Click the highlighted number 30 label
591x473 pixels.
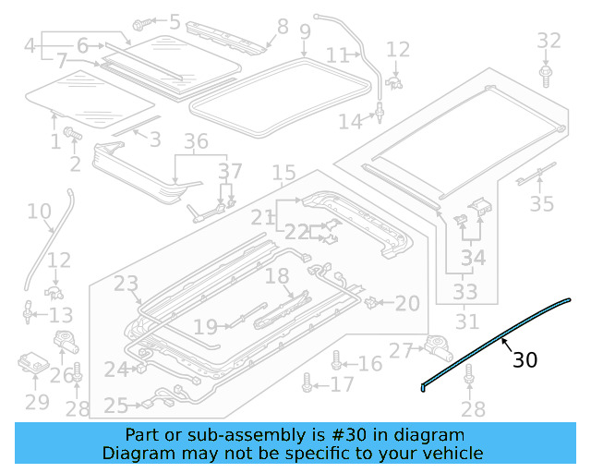click(525, 359)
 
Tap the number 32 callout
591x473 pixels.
click(549, 41)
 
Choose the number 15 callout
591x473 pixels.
click(283, 173)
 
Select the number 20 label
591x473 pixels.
click(407, 303)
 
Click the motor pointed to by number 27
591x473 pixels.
click(437, 347)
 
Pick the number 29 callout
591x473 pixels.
click(36, 402)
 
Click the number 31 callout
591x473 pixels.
click(468, 322)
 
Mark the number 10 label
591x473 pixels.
click(39, 212)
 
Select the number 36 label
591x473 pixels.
click(196, 142)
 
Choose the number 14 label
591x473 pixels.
click(350, 120)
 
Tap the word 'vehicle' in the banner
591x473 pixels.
click(452, 453)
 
